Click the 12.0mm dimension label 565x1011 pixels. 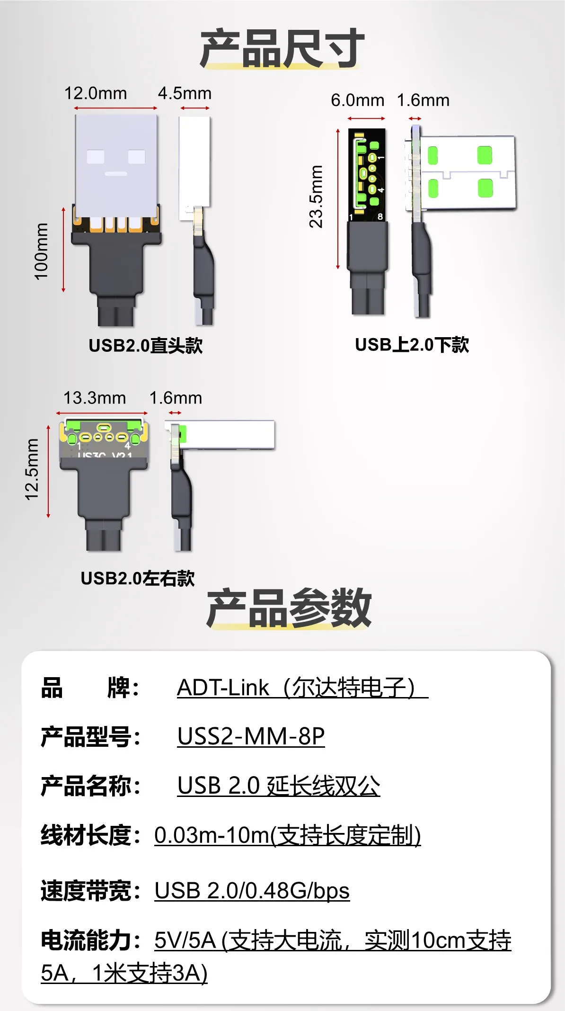click(x=96, y=93)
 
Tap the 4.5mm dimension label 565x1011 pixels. click(x=185, y=93)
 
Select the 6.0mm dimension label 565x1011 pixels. click(x=357, y=100)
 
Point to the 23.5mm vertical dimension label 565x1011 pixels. click(x=316, y=197)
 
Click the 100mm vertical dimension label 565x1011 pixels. click(x=41, y=251)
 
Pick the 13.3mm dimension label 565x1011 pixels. click(x=95, y=398)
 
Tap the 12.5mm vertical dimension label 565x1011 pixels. click(x=32, y=469)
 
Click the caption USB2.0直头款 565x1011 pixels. click(x=146, y=346)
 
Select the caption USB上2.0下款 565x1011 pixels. click(x=412, y=345)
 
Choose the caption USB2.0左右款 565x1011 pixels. click(x=138, y=578)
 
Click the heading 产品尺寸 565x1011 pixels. click(x=282, y=48)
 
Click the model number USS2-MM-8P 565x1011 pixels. click(x=251, y=736)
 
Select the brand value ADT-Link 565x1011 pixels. click(x=223, y=688)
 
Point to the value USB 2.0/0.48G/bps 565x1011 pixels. click(x=252, y=891)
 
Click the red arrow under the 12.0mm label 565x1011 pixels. click(x=116, y=108)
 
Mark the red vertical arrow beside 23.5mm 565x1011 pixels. click(x=338, y=199)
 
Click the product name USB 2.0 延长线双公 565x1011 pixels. click(x=278, y=786)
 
